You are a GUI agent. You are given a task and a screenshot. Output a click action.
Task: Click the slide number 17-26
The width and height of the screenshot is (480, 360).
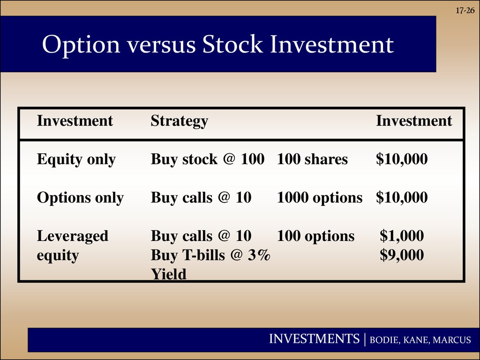465,10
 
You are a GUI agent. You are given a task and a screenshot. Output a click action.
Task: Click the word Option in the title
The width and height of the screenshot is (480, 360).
81,45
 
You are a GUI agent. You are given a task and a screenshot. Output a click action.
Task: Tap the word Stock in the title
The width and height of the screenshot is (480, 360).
232,44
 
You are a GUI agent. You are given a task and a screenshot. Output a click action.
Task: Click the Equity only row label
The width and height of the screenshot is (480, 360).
76,159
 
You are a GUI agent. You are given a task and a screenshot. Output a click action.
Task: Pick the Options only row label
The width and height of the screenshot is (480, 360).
80,198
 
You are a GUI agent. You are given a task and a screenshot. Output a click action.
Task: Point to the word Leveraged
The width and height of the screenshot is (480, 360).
73,236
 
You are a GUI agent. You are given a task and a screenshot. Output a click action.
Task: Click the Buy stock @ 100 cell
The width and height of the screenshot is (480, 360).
208,159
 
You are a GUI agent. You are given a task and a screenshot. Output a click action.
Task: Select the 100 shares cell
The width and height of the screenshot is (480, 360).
312,159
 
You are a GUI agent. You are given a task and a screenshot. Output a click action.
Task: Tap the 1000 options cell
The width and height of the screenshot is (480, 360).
320,198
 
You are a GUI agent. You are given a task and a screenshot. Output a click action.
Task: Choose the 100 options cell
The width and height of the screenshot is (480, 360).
315,236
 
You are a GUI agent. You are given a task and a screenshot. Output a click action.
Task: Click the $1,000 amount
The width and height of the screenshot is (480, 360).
402,236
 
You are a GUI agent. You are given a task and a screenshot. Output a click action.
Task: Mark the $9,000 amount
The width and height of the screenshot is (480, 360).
402,255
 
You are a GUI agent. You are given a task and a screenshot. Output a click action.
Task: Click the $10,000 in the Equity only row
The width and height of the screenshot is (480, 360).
402,159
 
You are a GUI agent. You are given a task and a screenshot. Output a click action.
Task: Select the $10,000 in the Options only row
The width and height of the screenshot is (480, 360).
402,197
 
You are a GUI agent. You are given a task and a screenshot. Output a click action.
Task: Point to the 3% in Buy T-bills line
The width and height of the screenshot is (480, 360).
259,255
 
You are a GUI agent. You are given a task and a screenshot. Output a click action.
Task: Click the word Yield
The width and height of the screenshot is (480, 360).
169,274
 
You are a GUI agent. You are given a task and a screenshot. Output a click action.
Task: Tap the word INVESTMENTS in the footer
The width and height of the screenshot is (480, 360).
314,339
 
